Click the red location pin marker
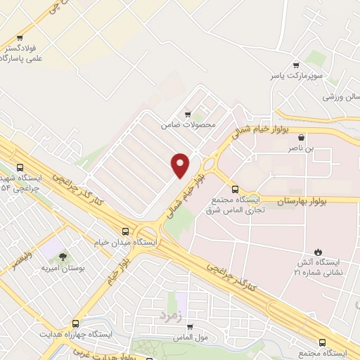[180, 165]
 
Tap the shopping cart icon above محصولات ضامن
[187, 115]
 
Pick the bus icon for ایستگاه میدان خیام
[126, 231]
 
